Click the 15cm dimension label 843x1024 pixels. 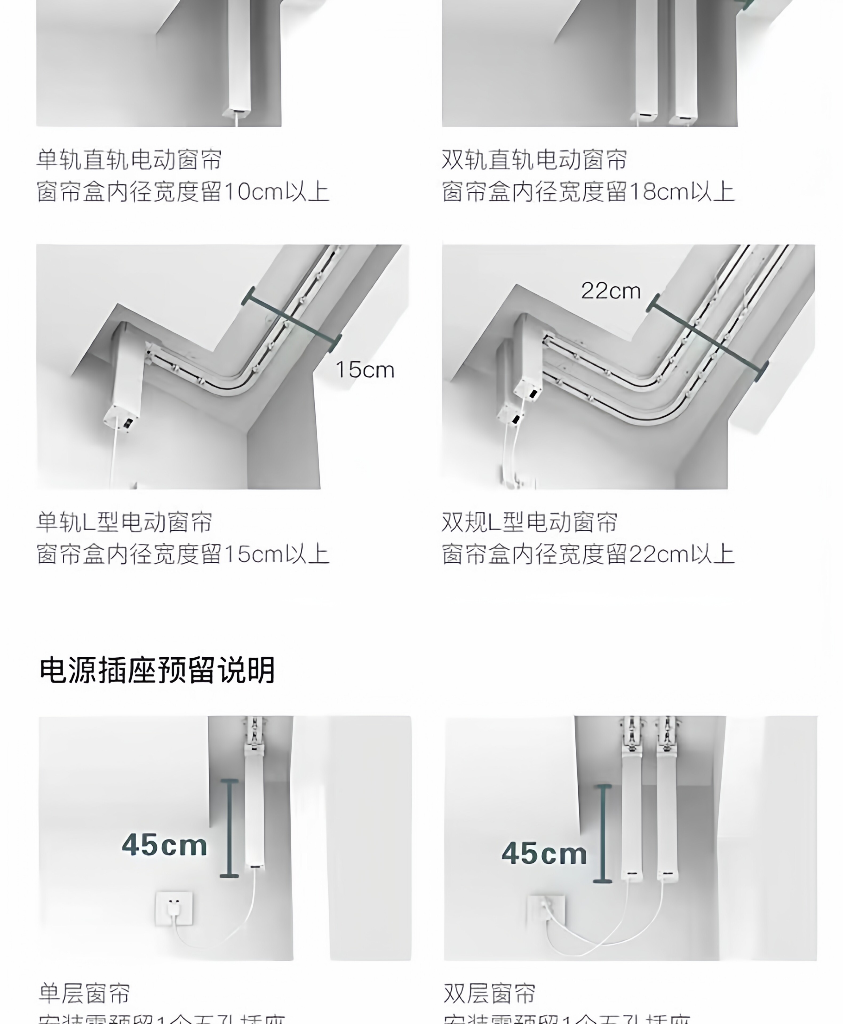pos(365,370)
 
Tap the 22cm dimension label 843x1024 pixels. pos(611,291)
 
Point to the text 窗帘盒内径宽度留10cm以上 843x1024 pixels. pos(183,192)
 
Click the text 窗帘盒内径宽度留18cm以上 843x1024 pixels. pos(588,192)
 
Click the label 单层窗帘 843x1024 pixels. pos(85,993)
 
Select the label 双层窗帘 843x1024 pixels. pos(490,993)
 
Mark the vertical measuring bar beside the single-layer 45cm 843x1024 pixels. pos(229,828)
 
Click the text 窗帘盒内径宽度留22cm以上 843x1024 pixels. pos(588,554)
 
